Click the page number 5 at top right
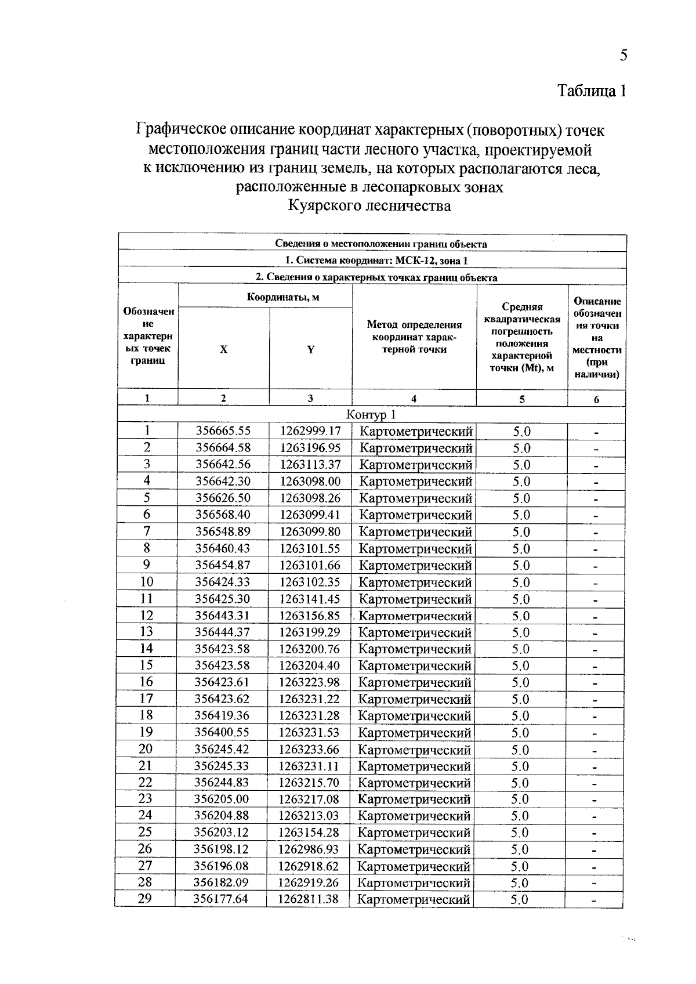tap(623, 55)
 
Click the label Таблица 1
tap(592, 91)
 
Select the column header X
tap(223, 350)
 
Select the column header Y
tap(310, 350)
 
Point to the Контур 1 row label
tap(371, 414)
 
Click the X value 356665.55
tap(223, 431)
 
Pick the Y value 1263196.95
tap(310, 448)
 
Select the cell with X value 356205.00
tap(222, 799)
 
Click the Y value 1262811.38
tap(309, 899)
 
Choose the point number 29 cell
tap(145, 899)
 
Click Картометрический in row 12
tap(415, 616)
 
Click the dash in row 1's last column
tap(596, 432)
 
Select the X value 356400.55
tap(222, 732)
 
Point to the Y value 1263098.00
tap(310, 481)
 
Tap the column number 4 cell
tap(414, 399)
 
